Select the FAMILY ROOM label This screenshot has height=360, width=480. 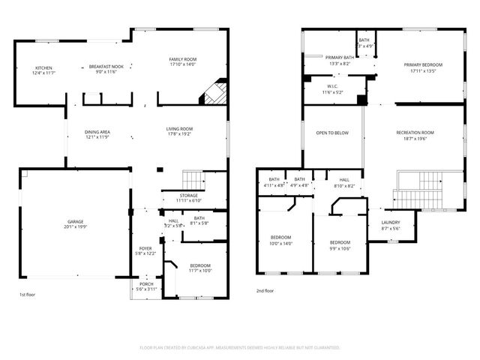pos(181,59)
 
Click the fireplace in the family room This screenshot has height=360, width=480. pos(213,94)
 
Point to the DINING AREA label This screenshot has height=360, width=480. pos(97,132)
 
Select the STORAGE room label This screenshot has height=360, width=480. pos(187,196)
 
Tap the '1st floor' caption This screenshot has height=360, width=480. pos(27,295)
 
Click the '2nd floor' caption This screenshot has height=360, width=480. pos(265,291)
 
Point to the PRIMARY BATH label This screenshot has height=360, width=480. pos(339,57)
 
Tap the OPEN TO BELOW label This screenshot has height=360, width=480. pos(332,133)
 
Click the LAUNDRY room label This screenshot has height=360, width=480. pos(390,222)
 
